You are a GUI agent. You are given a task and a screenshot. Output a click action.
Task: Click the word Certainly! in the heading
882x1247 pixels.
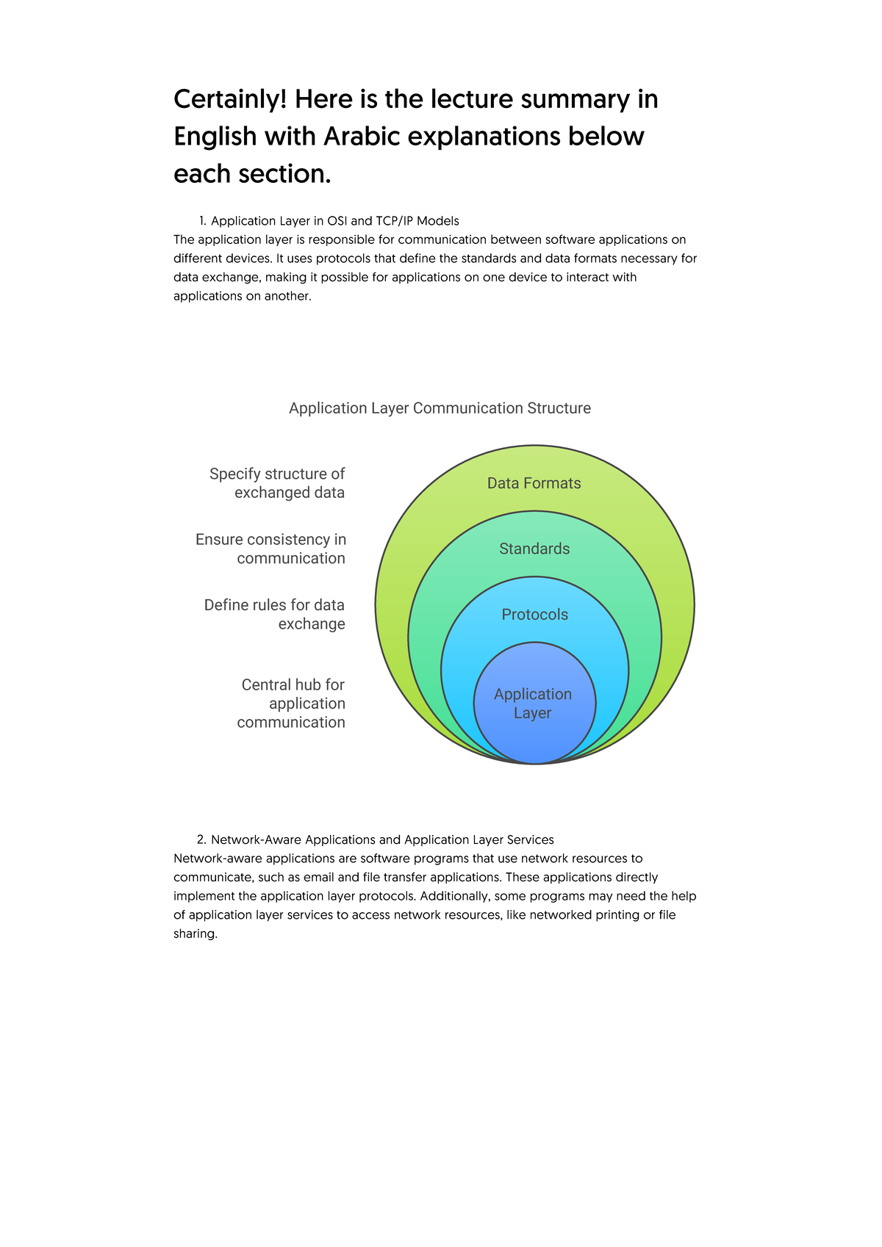point(229,100)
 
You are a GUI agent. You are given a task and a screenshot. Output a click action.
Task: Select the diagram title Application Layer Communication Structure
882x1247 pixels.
point(440,408)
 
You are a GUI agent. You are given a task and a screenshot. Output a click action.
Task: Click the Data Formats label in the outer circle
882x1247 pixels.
point(534,483)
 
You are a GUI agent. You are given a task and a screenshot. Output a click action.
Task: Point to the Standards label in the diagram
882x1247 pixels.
point(534,549)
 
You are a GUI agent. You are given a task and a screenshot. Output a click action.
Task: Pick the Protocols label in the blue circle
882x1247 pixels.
point(534,615)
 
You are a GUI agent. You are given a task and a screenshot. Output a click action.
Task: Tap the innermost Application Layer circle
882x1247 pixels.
point(534,704)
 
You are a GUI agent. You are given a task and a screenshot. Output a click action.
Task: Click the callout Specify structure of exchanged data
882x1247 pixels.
point(277,483)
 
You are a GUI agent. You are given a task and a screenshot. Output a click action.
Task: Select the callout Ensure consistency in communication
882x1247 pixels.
point(271,549)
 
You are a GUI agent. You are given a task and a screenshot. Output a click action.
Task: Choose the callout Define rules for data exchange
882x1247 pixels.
point(275,615)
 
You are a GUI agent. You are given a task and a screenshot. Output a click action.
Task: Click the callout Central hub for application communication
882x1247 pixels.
point(291,704)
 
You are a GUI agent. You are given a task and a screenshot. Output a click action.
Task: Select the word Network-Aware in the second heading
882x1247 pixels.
point(256,839)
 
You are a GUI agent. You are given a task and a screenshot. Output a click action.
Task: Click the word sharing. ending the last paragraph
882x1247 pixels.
point(196,934)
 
